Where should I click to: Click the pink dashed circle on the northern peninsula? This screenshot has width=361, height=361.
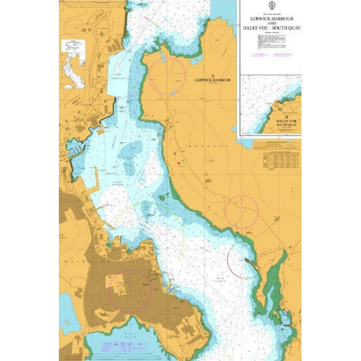tap(167, 74)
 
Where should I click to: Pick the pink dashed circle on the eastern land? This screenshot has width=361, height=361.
tap(241, 211)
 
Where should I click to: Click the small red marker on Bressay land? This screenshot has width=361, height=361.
tap(177, 161)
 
